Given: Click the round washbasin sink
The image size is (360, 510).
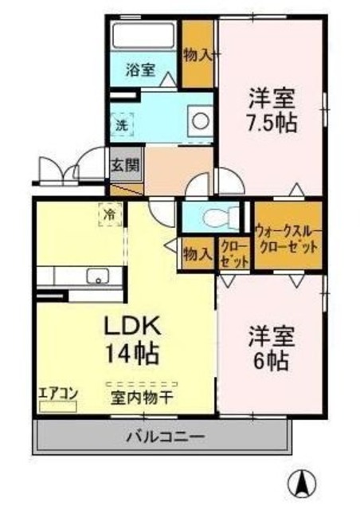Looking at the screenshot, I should click(199, 122).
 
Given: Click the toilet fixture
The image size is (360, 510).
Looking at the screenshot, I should click(219, 215).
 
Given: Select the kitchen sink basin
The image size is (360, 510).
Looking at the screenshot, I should click(97, 277).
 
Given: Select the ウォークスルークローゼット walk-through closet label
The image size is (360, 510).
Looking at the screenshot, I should click(288, 238).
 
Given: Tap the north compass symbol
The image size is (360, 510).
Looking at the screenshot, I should click(303, 482).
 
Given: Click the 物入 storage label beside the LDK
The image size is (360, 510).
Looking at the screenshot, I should click(197, 254).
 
